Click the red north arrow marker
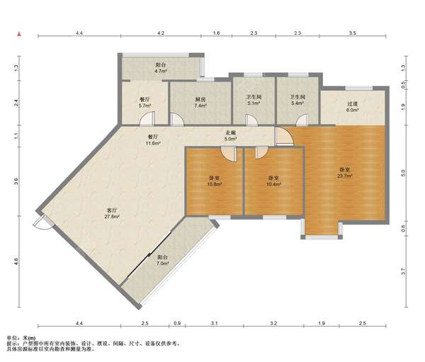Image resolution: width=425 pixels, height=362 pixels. pyautogui.click(x=19, y=34)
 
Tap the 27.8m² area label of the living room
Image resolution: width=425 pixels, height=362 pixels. pyautogui.click(x=112, y=216)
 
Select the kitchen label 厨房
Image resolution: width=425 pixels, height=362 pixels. pyautogui.click(x=200, y=99)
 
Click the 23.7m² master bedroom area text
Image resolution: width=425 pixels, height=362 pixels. pyautogui.click(x=345, y=176)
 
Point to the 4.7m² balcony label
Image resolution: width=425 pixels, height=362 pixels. pyautogui.click(x=161, y=68)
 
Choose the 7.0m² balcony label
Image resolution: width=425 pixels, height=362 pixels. pyautogui.click(x=163, y=260)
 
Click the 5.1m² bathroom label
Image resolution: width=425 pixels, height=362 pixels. pyautogui.click(x=254, y=100)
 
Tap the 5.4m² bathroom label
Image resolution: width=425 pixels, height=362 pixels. pyautogui.click(x=298, y=100)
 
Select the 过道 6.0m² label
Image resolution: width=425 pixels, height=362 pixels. pyautogui.click(x=352, y=107)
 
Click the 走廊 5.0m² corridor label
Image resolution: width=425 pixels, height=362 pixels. pyautogui.click(x=231, y=136)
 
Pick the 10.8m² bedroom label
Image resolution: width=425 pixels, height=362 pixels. pyautogui.click(x=215, y=181)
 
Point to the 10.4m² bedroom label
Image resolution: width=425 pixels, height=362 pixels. pyautogui.click(x=273, y=181)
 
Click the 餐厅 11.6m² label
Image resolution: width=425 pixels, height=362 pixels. pyautogui.click(x=153, y=140)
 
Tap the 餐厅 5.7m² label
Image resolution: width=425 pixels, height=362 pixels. pyautogui.click(x=144, y=103)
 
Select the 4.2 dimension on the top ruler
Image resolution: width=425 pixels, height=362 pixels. pyautogui.click(x=161, y=33)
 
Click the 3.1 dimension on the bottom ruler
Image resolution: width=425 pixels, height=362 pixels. pyautogui.click(x=215, y=323)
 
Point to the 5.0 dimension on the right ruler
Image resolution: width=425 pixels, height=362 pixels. pyautogui.click(x=403, y=173)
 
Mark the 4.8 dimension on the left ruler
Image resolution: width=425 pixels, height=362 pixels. pyautogui.click(x=16, y=261)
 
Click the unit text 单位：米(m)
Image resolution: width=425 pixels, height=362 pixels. pyautogui.click(x=21, y=338)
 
